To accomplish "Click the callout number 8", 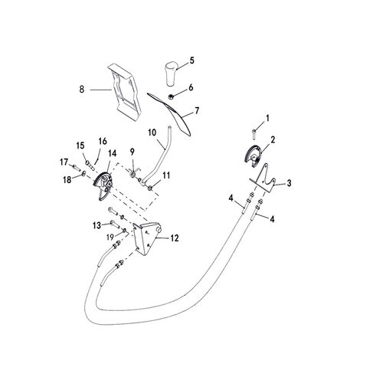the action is point(82,90).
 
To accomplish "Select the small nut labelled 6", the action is point(171,97).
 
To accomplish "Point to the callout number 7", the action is point(197,111).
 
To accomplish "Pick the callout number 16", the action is point(103,141).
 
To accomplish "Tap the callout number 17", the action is point(64,162).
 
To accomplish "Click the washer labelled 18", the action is point(83,174).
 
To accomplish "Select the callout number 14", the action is point(112,153).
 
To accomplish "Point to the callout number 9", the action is point(132,152).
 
